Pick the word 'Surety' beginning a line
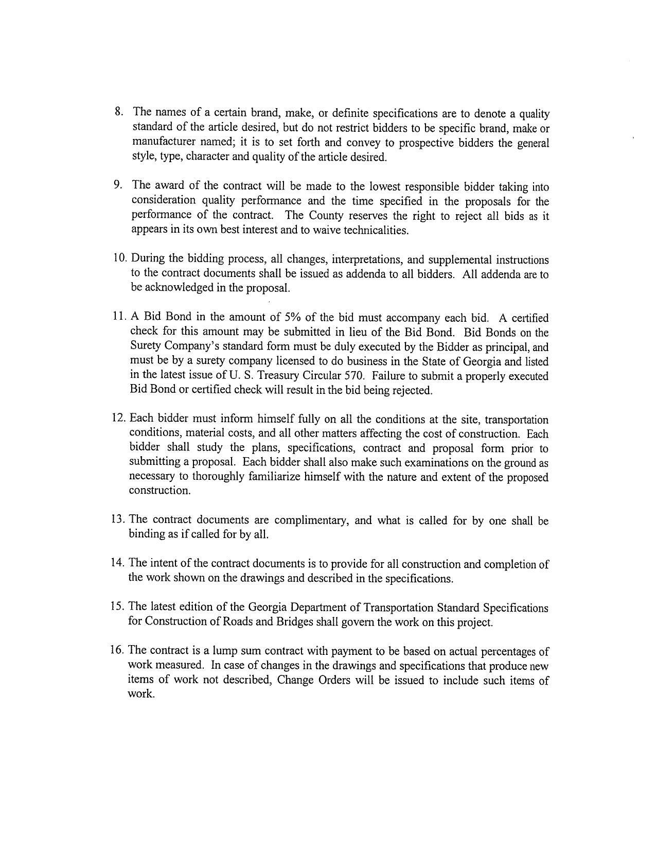coord(146,347)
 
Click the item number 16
coord(117,650)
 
